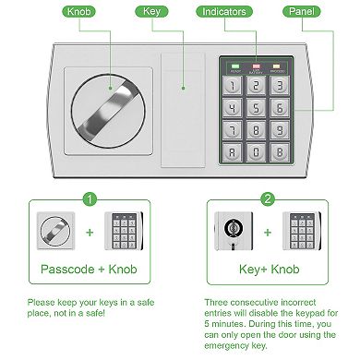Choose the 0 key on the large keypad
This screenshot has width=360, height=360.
pyautogui.click(x=256, y=153)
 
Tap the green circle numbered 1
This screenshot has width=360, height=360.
pyautogui.click(x=90, y=198)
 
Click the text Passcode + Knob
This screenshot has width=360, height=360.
pyautogui.click(x=90, y=271)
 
